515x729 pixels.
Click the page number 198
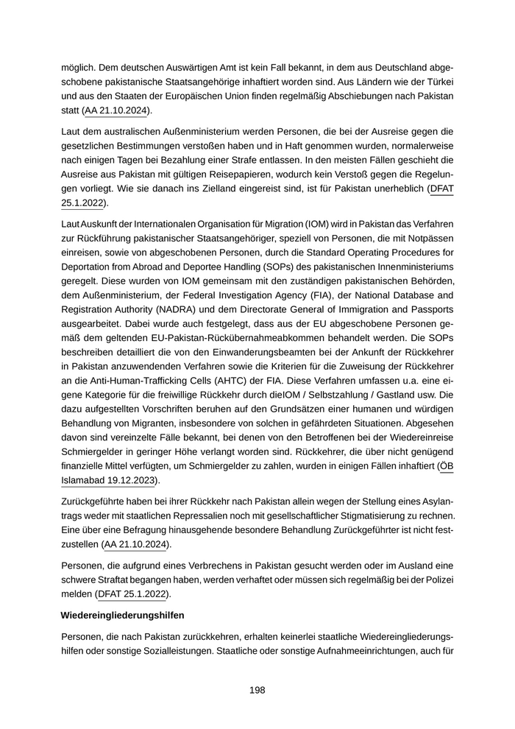point(257,690)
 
